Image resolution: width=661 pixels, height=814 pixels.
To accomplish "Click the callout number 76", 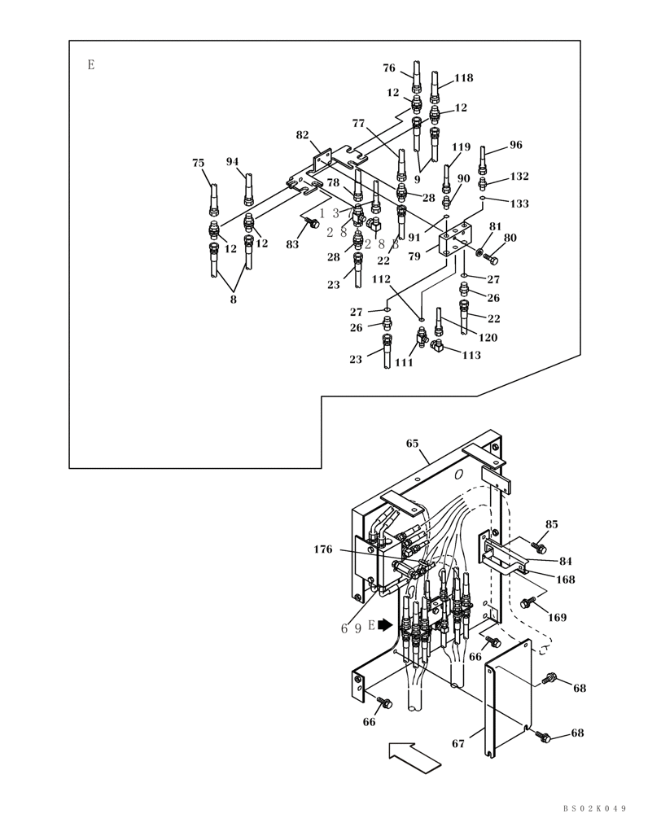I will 389,68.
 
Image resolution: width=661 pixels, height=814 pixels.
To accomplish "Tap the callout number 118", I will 463,78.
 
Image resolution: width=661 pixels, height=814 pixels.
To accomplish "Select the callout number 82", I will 302,135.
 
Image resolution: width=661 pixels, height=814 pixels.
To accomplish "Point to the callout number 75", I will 198,163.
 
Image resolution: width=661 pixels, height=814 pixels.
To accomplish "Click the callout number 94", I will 232,161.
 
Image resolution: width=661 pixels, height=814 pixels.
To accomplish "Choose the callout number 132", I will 519,176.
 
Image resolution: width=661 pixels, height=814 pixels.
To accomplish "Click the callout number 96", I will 515,145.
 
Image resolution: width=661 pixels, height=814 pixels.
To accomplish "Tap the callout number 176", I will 323,549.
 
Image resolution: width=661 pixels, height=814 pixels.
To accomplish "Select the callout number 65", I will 412,444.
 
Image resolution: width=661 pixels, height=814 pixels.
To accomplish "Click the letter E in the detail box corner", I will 91,65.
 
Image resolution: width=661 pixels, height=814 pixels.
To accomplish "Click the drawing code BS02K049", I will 594,807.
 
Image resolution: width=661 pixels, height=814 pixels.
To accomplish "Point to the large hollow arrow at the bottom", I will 414,756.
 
